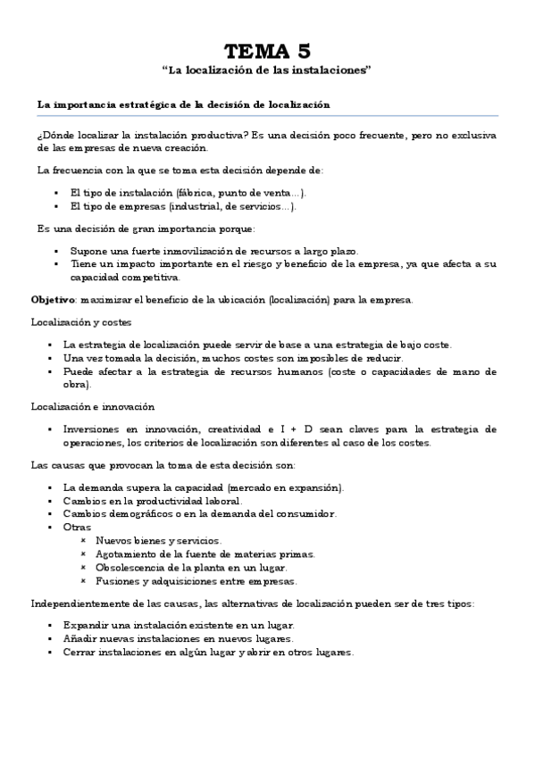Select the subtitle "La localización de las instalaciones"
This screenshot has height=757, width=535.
point(267,71)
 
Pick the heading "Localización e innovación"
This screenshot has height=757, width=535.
point(79,406)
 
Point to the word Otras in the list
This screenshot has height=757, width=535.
point(77,527)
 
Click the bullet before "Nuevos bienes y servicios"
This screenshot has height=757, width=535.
point(83,541)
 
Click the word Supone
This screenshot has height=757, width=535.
point(87,251)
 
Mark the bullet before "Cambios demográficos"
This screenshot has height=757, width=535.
point(55,514)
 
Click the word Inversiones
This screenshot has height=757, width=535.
point(92,429)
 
